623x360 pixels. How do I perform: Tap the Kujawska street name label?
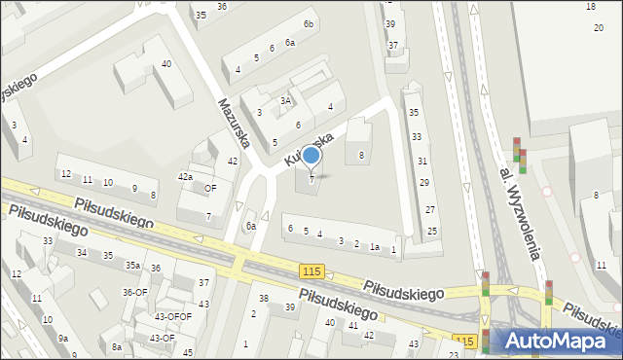click(x=311, y=145)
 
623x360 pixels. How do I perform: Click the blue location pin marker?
click(x=311, y=156)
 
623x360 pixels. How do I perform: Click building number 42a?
click(x=184, y=176)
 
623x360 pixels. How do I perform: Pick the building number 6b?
click(x=309, y=23)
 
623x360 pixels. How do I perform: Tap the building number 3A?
click(x=286, y=100)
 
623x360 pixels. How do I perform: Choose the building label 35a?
click(x=132, y=265)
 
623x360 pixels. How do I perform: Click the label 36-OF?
click(x=134, y=292)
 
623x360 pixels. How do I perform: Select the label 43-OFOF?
click(x=173, y=316)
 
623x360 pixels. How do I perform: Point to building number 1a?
click(x=374, y=247)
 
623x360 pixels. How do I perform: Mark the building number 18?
click(x=591, y=7)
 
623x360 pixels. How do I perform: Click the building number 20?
click(x=599, y=27)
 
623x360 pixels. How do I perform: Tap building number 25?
click(x=431, y=232)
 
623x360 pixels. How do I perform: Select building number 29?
click(x=423, y=183)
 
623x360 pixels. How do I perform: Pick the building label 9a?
click(x=62, y=338)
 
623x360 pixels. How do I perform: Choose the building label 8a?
click(x=117, y=346)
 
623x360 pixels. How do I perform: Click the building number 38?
click(x=263, y=298)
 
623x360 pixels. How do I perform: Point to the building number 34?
click(x=82, y=253)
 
